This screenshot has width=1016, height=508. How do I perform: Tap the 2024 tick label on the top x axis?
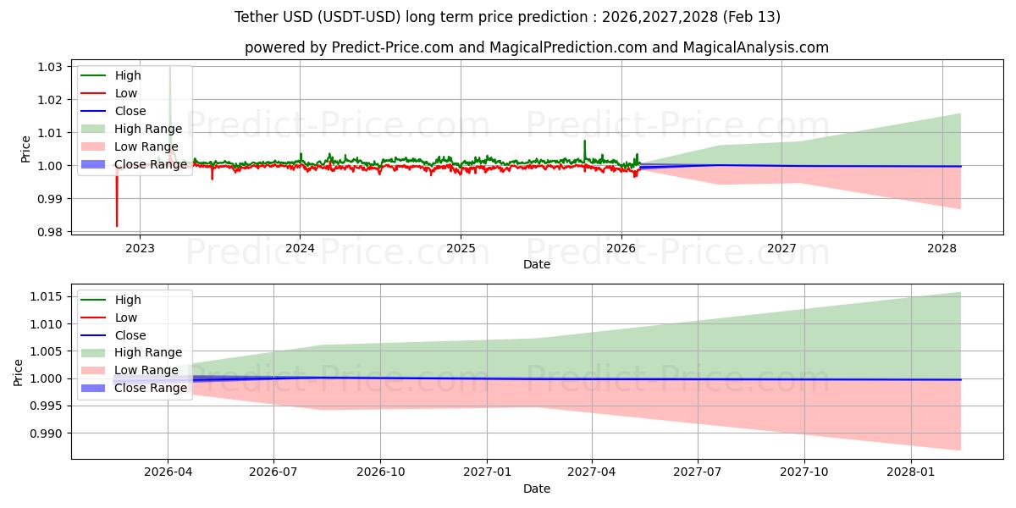click(x=300, y=248)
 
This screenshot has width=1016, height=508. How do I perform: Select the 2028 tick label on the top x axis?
click(x=941, y=248)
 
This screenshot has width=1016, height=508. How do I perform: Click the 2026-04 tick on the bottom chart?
click(x=168, y=472)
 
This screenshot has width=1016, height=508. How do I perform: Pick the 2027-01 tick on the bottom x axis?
click(x=486, y=472)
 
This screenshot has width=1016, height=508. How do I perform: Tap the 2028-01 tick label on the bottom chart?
click(x=911, y=472)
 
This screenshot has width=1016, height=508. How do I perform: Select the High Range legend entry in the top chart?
click(x=148, y=129)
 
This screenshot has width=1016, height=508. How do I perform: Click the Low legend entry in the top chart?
click(x=126, y=93)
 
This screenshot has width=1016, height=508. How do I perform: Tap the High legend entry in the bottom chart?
click(x=128, y=300)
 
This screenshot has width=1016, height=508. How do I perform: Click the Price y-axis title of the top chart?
click(x=25, y=148)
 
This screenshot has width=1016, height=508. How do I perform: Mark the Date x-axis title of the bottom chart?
click(x=537, y=489)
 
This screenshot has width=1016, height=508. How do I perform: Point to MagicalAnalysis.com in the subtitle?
click(x=758, y=47)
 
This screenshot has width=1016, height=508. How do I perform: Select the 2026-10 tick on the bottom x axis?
click(x=380, y=472)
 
